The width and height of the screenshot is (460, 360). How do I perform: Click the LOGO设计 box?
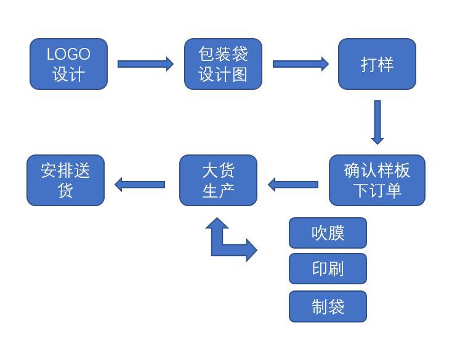(x=68, y=64)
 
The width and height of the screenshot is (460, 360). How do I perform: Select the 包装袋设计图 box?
(x=223, y=64)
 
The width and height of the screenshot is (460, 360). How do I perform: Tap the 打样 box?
(x=377, y=64)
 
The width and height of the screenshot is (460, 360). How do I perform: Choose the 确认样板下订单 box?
(x=377, y=180)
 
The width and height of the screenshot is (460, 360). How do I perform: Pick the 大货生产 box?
(x=218, y=180)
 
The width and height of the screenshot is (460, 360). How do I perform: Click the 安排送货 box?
(x=65, y=180)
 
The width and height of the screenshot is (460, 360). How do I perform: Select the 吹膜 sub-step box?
(x=328, y=233)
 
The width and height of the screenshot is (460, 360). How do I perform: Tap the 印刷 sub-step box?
(x=328, y=269)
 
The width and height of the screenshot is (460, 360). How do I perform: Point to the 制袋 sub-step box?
(x=328, y=306)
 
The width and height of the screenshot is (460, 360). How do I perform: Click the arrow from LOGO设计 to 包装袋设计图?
(x=145, y=64)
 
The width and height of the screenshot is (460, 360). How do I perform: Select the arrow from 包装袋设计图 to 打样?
(x=301, y=64)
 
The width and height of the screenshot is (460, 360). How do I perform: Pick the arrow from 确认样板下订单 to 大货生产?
(x=293, y=184)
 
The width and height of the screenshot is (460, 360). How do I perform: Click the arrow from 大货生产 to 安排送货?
(x=140, y=184)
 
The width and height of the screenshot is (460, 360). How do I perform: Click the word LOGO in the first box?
(x=68, y=54)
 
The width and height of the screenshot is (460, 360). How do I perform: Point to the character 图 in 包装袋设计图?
(x=240, y=74)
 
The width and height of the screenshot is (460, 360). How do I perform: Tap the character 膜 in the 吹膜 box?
(x=336, y=233)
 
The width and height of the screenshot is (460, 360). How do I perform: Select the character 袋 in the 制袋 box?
(x=336, y=306)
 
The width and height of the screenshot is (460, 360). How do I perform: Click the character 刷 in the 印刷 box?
(x=336, y=269)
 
